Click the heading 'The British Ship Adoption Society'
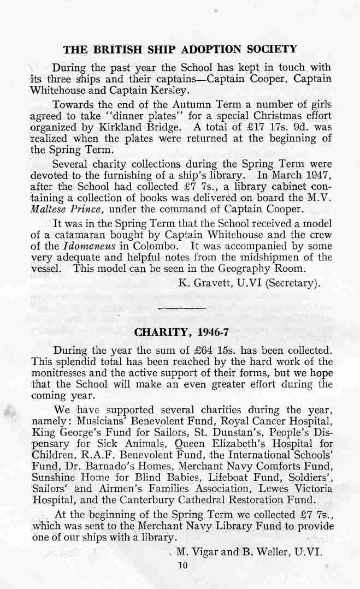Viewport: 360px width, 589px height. (180, 50)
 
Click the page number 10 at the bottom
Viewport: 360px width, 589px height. (182, 565)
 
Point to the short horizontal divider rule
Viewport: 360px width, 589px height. (180, 309)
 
